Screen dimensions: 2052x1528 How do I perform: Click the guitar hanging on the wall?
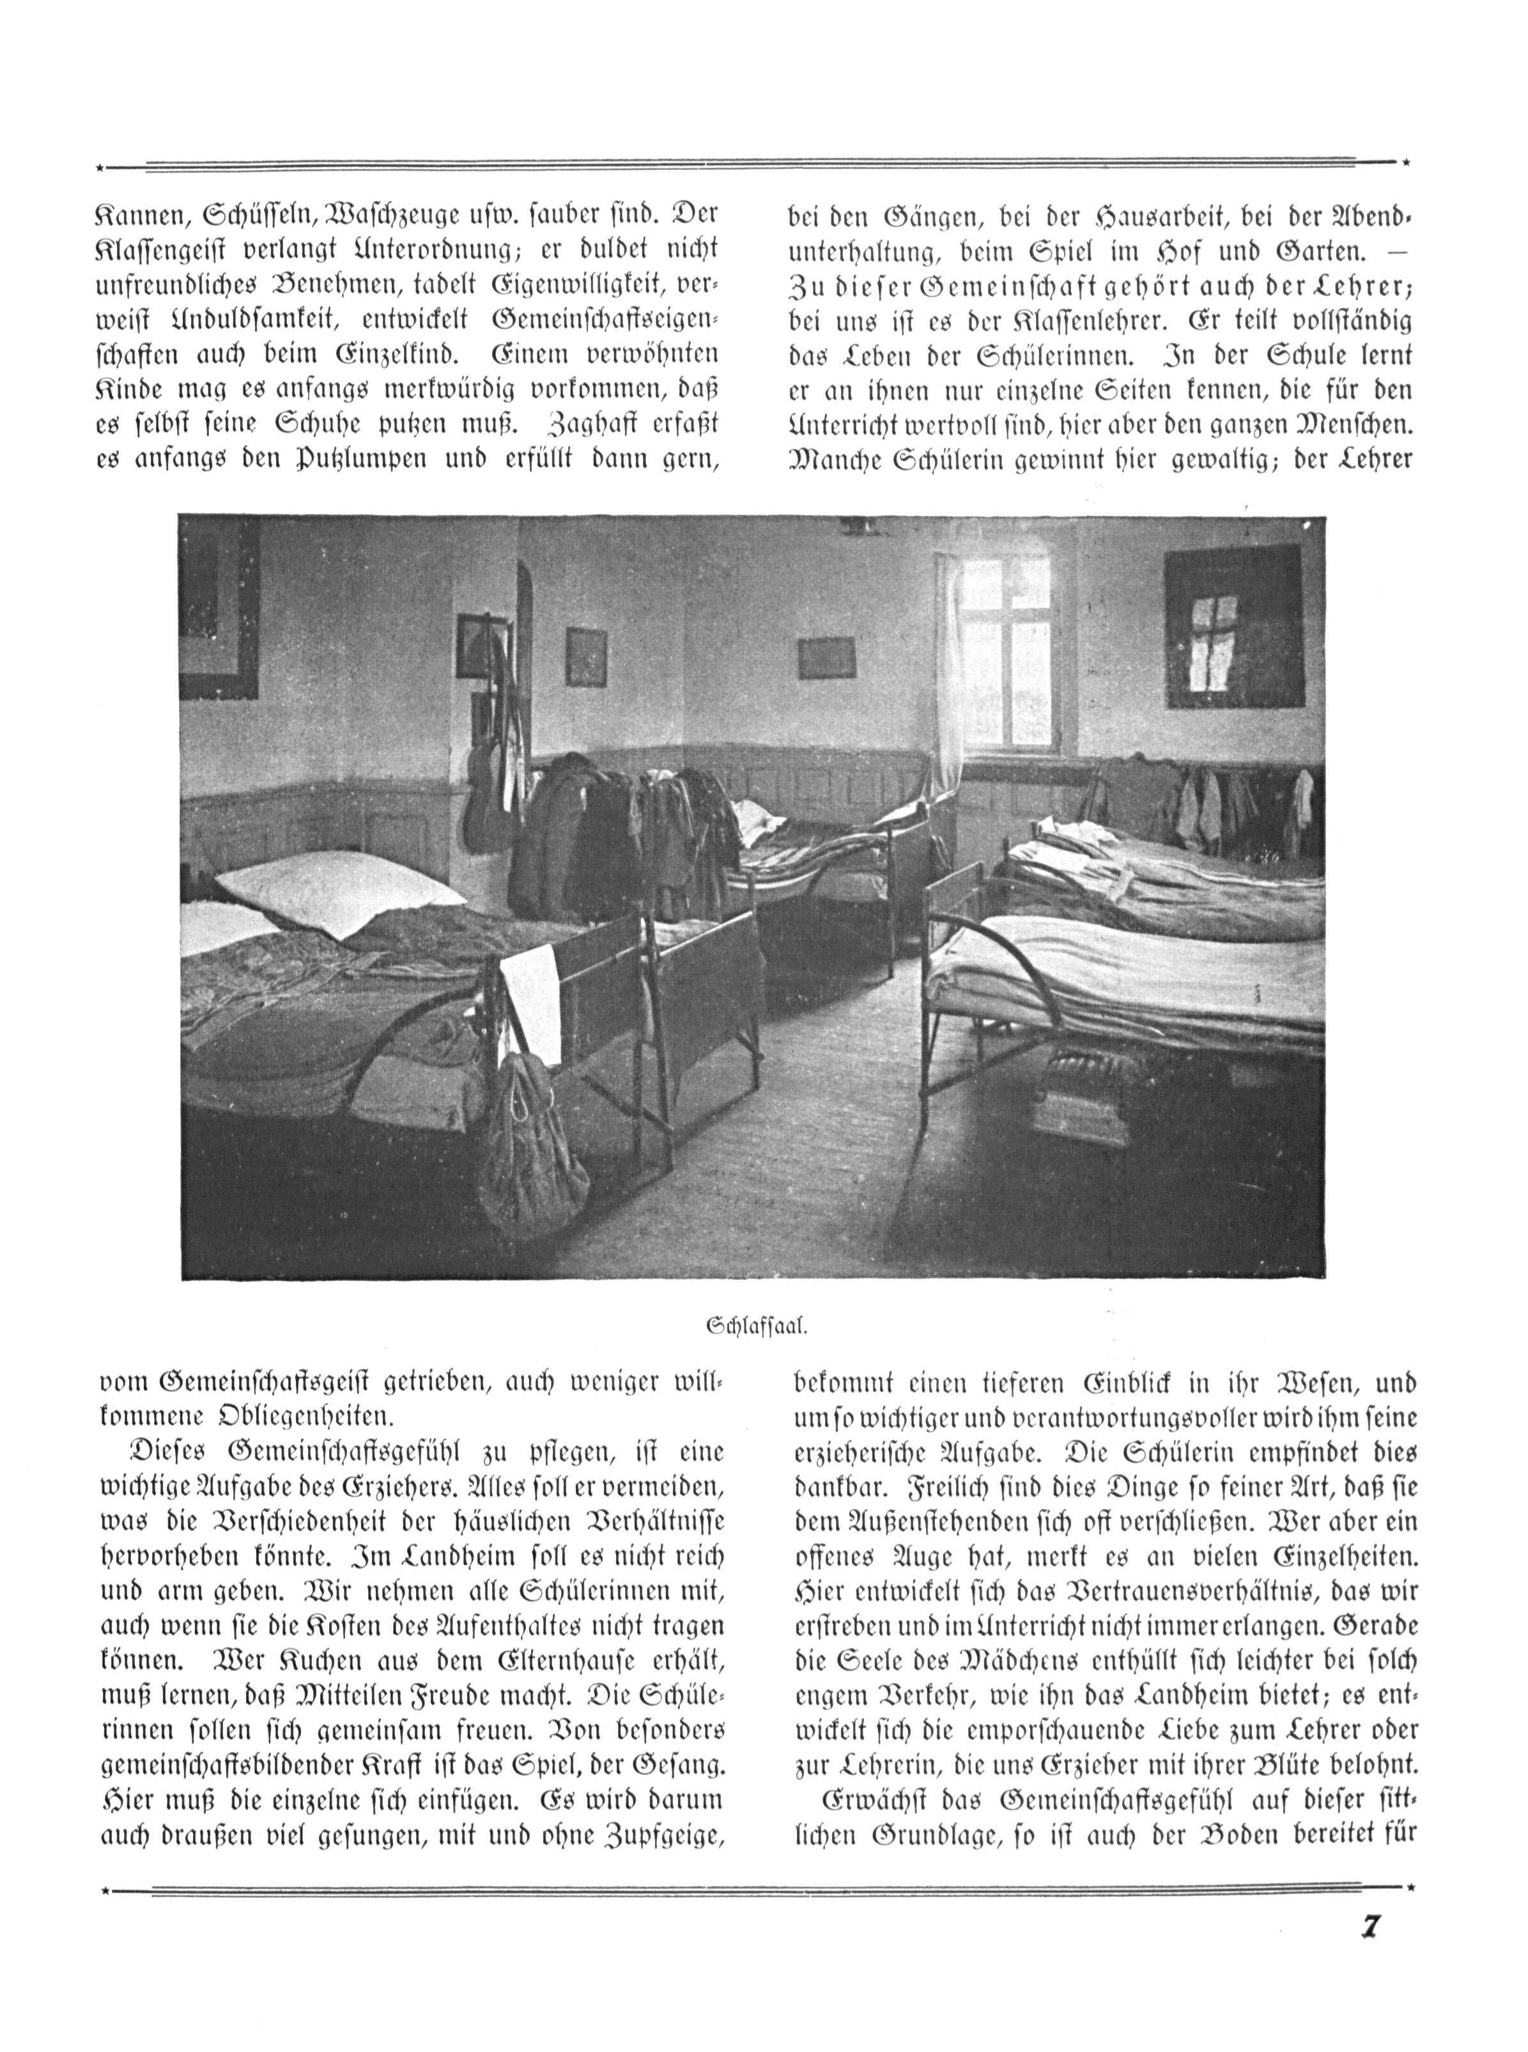[x=488, y=796]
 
